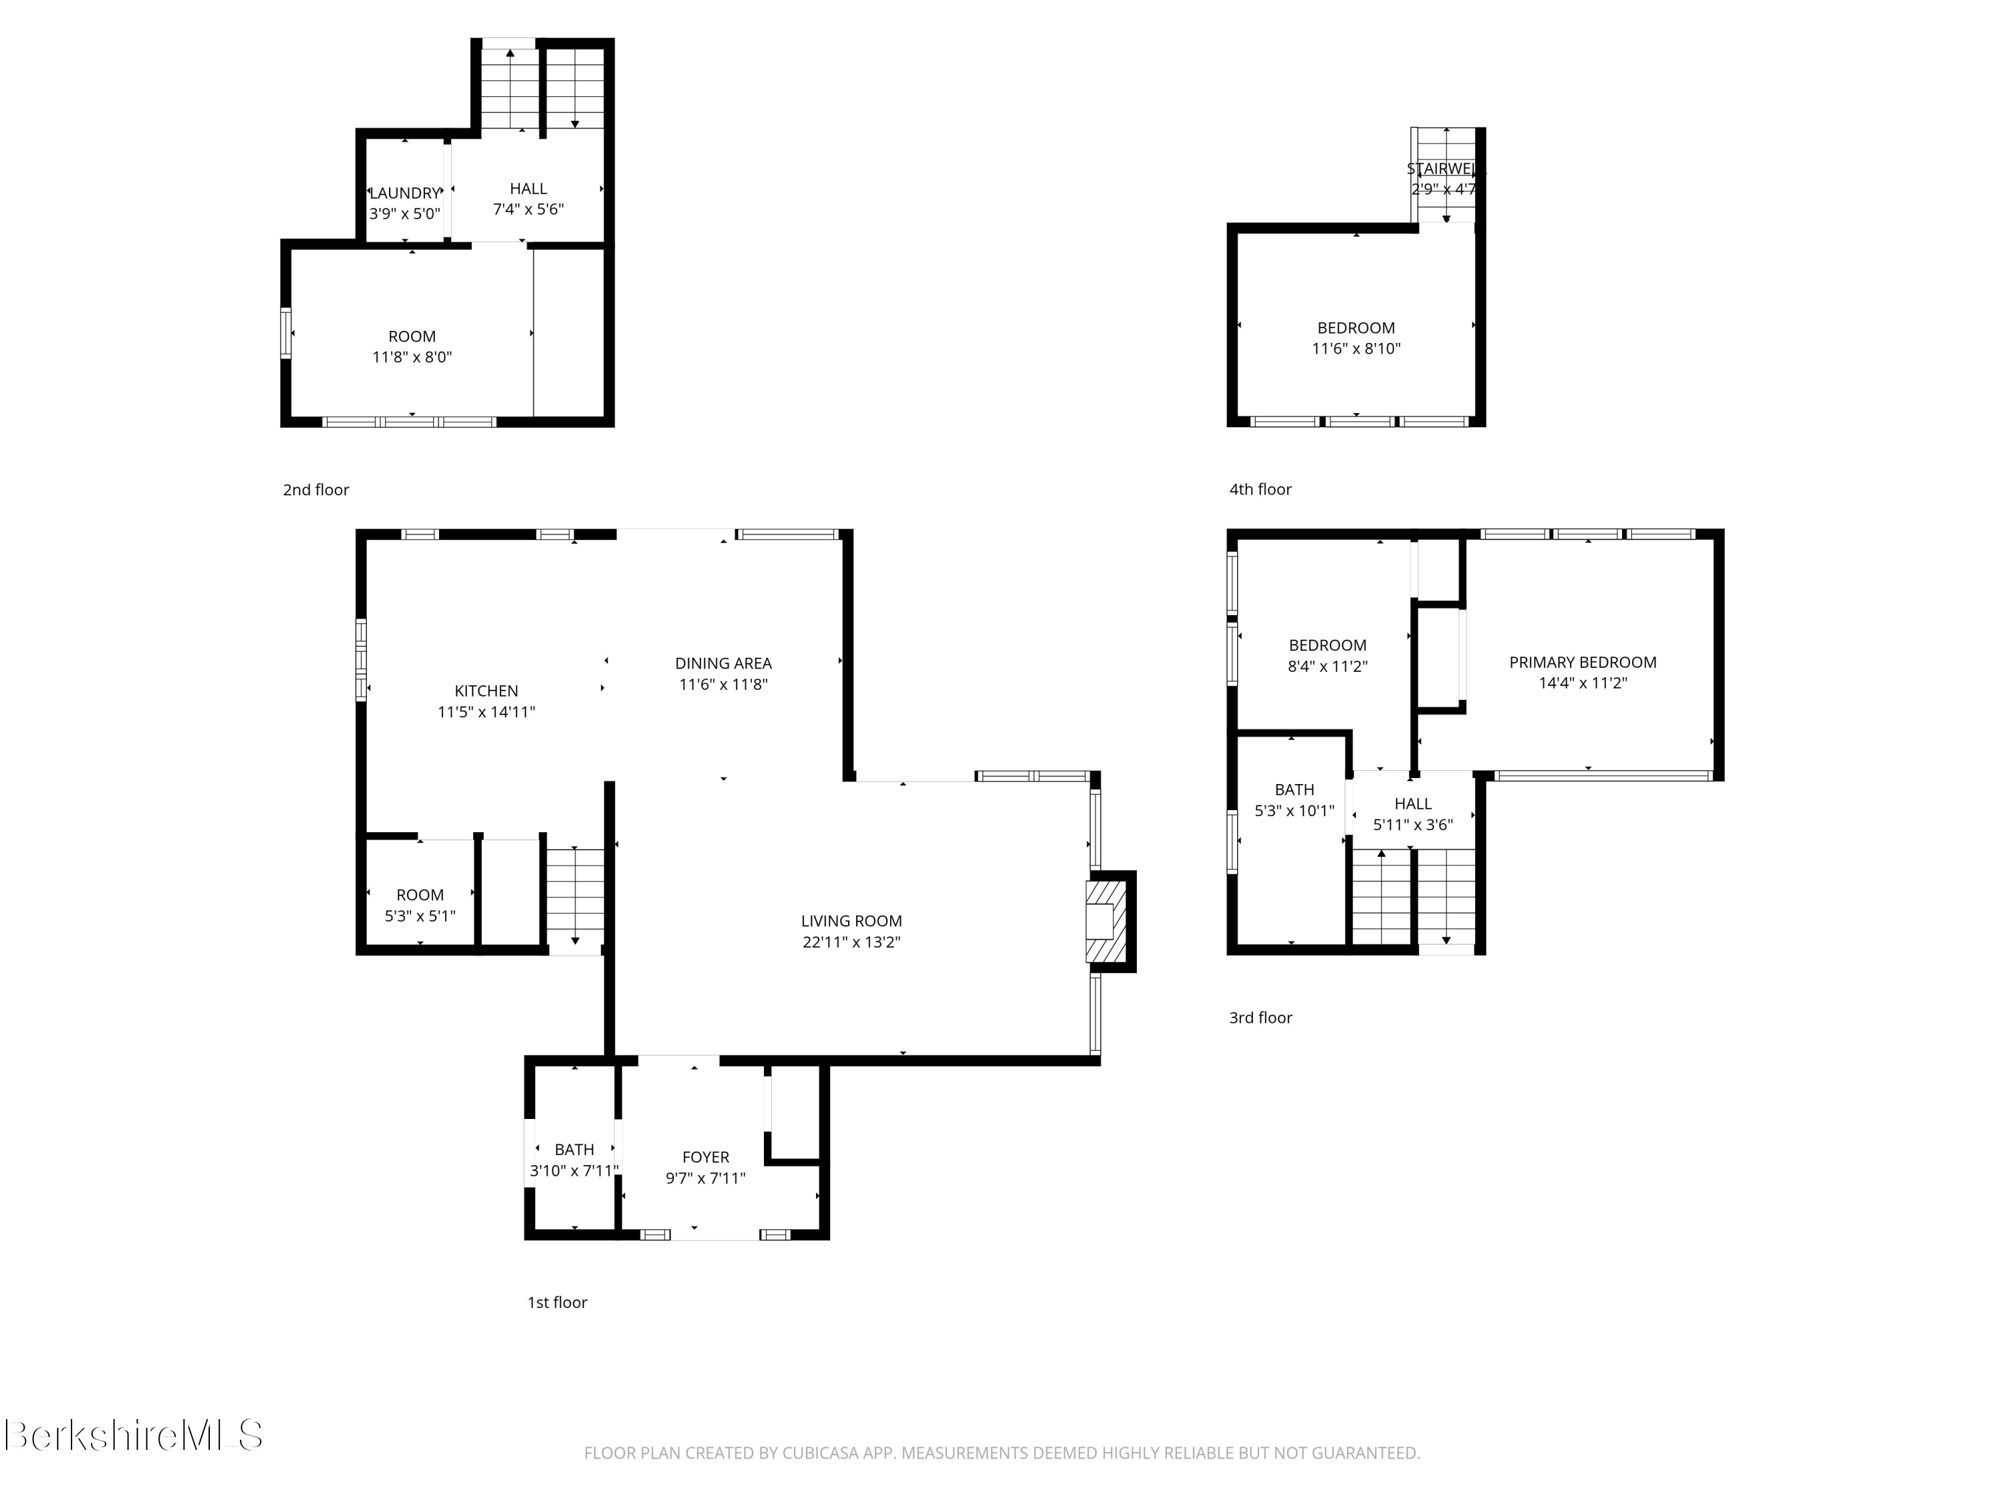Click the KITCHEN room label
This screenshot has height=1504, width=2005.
tap(486, 691)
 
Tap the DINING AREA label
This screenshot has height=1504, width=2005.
tap(722, 664)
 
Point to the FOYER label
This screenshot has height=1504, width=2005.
tap(705, 1157)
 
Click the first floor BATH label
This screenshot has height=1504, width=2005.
tap(573, 1150)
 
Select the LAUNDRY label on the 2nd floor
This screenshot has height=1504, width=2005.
tap(404, 193)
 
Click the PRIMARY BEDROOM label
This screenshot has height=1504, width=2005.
tap(1582, 662)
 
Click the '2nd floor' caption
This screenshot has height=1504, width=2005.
tap(315, 489)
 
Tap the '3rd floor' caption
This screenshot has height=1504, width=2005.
tap(1260, 1017)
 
